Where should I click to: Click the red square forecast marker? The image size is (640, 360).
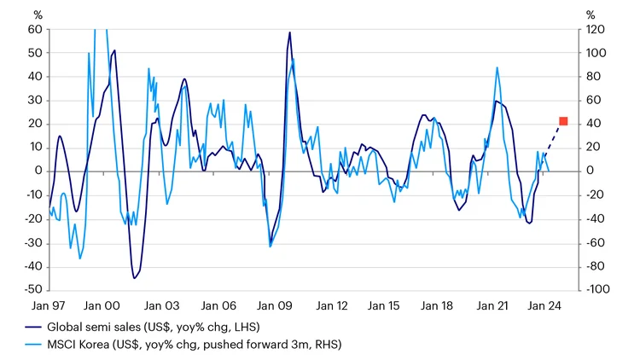(x=563, y=121)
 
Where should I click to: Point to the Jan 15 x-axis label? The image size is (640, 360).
(x=382, y=305)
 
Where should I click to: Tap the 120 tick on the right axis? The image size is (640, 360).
(x=596, y=29)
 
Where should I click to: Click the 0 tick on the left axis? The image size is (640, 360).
(x=39, y=171)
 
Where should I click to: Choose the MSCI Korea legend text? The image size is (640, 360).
(x=201, y=344)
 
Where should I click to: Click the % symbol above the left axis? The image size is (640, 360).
(x=38, y=14)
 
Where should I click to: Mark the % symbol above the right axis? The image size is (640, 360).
(x=591, y=14)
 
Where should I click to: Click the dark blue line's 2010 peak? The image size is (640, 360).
(x=290, y=33)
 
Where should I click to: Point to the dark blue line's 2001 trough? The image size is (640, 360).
(x=135, y=277)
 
